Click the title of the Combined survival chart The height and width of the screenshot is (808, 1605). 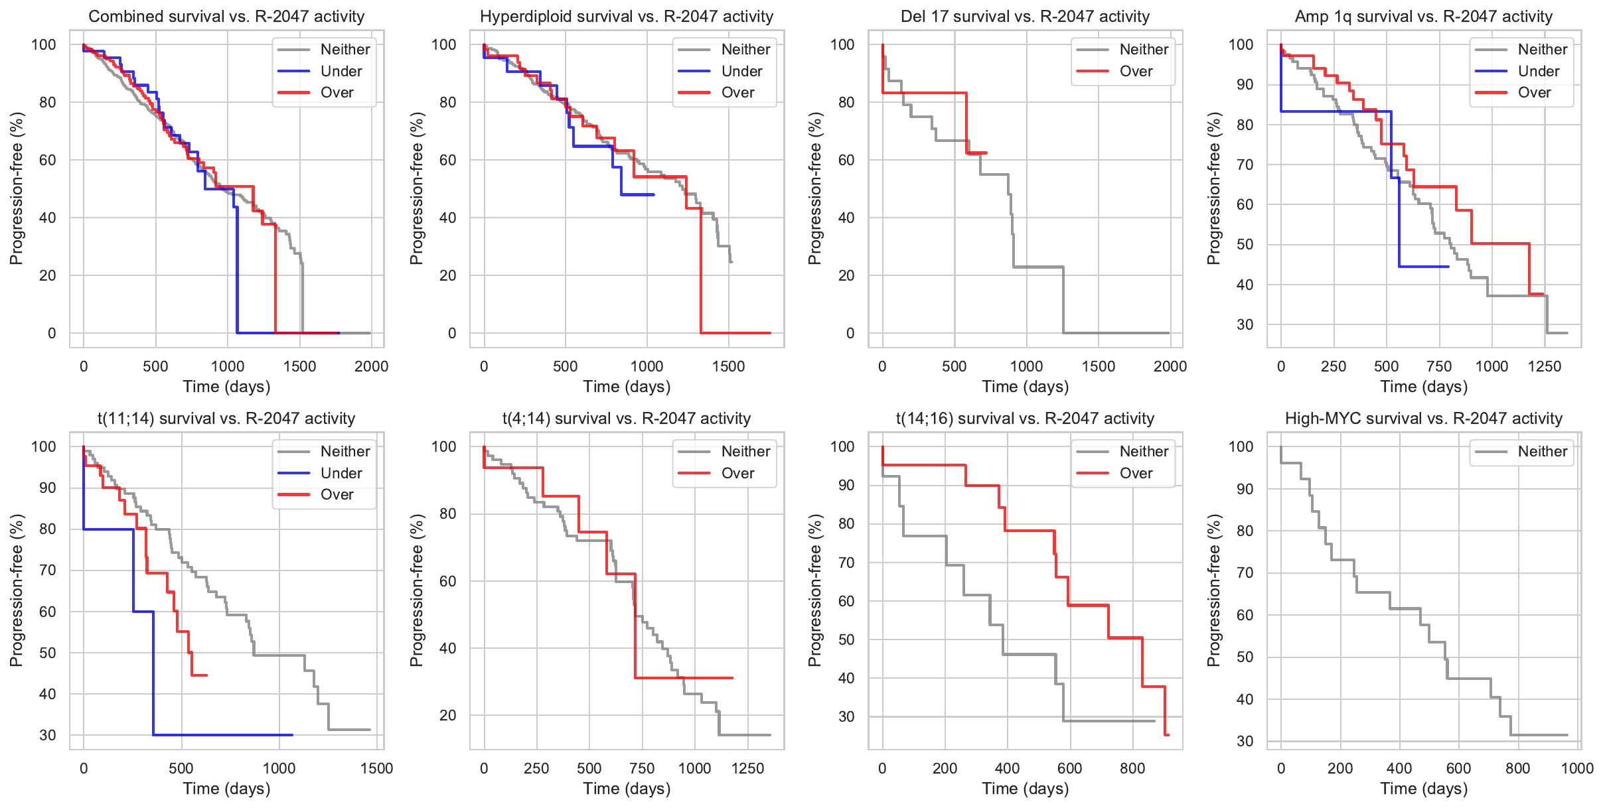(x=226, y=17)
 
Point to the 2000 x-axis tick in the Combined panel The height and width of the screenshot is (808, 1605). (x=371, y=366)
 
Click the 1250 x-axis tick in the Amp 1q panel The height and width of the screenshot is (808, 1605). (x=1545, y=366)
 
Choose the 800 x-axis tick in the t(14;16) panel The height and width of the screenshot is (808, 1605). (x=1132, y=768)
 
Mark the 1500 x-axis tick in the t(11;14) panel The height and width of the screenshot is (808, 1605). (x=376, y=768)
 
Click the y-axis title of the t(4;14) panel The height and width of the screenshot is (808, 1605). (x=416, y=590)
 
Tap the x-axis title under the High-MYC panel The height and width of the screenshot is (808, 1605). (x=1424, y=789)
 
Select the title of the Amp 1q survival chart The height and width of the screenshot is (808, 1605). (x=1424, y=17)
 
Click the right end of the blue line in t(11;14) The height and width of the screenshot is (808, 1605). (x=292, y=735)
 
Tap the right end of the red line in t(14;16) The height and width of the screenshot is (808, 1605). (x=1168, y=735)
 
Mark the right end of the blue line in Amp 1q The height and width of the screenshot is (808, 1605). (x=1448, y=267)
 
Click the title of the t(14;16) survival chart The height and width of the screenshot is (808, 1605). (x=1025, y=419)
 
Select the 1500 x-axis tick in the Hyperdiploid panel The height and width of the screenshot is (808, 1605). (x=728, y=366)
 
